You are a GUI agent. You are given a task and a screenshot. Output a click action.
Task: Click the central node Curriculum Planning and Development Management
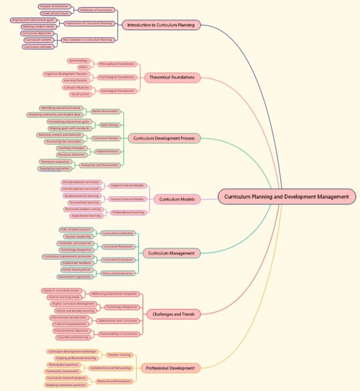287,196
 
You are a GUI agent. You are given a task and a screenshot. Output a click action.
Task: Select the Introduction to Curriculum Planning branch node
161,25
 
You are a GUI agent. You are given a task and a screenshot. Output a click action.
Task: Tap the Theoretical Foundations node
172,77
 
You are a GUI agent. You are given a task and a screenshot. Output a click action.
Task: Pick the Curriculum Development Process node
164,138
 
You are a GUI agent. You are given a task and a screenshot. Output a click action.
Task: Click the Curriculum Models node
176,199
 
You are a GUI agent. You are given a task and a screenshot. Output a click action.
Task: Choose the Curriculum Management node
171,253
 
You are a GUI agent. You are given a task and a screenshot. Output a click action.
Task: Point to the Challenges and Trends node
173,314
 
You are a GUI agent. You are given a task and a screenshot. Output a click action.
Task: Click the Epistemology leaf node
78,61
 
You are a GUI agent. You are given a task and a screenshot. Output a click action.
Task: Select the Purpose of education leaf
54,6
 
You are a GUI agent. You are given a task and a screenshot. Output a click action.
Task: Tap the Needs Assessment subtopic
106,111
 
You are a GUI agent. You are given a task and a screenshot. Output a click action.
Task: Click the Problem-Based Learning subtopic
129,213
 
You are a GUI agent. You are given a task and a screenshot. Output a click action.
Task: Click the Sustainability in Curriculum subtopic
119,334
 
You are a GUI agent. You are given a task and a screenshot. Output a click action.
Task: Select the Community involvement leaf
63,371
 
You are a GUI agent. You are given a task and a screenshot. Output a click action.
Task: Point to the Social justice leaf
80,94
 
